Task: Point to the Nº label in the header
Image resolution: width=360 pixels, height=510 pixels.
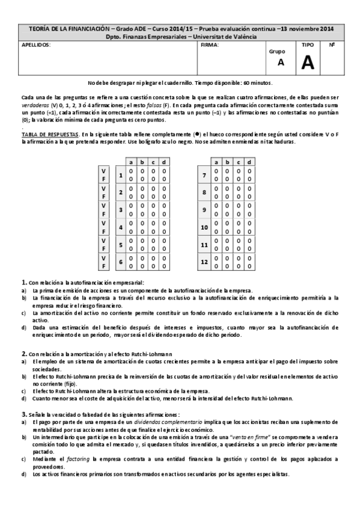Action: click(x=332, y=45)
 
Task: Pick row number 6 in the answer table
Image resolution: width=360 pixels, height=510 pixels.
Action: click(x=121, y=262)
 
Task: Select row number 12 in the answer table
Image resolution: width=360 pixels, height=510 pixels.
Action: click(x=204, y=262)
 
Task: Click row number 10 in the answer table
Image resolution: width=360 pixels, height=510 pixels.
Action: click(x=204, y=227)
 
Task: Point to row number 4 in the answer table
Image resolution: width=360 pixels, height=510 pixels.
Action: click(x=121, y=227)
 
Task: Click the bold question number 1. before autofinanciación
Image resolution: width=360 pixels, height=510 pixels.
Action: click(x=23, y=282)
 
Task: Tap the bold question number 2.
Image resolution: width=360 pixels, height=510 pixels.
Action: click(x=23, y=354)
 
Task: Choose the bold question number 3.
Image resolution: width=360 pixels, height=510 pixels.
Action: click(x=23, y=414)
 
